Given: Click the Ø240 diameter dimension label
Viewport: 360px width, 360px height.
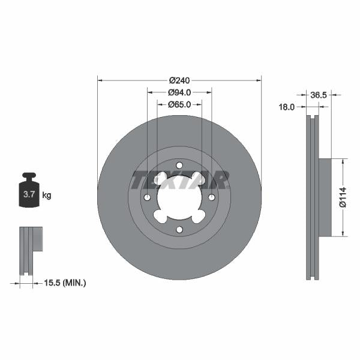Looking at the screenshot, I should pos(179,80).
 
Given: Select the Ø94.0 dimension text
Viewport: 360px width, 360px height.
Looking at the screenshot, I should pos(179,92).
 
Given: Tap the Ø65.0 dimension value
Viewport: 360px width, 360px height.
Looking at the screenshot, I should pos(179,104).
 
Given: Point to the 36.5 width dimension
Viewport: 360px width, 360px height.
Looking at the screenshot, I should pos(318,95).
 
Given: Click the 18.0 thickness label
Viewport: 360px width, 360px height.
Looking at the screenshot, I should pos(287,107).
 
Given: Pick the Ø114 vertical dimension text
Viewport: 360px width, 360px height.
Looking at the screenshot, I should pos(343,197).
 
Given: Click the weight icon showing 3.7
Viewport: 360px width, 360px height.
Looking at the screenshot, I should pos(28,192).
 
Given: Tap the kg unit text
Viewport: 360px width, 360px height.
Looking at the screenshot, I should pos(46,196).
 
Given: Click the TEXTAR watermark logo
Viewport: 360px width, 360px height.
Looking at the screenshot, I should pos(179,179).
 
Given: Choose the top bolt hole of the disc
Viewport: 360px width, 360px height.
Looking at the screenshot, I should pos(179,166).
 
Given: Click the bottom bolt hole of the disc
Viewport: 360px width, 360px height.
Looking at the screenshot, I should pos(179,230).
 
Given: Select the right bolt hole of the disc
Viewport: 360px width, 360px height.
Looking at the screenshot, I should pos(211,197).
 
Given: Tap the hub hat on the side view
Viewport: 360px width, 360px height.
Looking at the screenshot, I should pos(324,197).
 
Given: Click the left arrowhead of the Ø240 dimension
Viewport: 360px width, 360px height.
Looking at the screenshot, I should pos(100,80).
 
